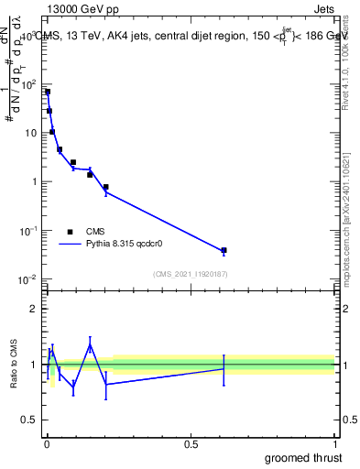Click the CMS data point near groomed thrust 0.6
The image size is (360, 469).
coord(224,250)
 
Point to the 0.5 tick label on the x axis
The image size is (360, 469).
coord(190,443)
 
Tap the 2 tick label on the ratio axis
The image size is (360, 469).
coord(34,309)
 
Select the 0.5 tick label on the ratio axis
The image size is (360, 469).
coord(30,420)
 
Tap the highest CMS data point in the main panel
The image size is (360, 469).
coord(48,92)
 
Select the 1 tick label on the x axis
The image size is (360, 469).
coord(334,443)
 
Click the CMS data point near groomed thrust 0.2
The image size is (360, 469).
coord(106,187)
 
